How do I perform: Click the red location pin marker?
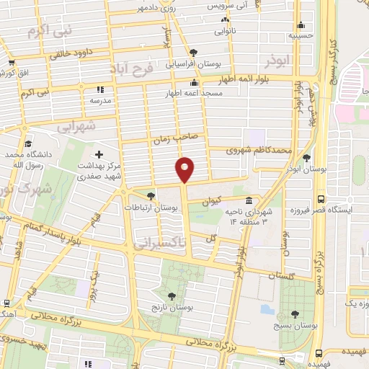click(x=185, y=168)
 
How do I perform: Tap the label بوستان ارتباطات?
click(x=151, y=207)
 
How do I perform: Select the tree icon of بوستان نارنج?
click(x=171, y=295)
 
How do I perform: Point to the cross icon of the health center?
click(x=99, y=154)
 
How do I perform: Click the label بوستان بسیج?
click(x=295, y=326)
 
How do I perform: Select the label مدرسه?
click(x=99, y=102)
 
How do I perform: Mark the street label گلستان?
click(x=281, y=276)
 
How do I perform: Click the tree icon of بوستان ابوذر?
click(x=307, y=157)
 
